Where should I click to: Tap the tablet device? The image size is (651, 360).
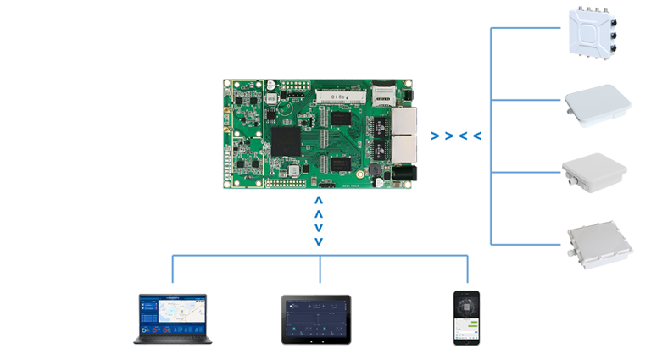point(315,320)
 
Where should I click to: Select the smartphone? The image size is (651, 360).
point(466,318)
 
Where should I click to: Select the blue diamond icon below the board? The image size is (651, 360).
point(318,220)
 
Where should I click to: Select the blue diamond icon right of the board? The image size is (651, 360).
point(455,134)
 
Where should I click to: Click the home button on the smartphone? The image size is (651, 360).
point(466,341)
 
